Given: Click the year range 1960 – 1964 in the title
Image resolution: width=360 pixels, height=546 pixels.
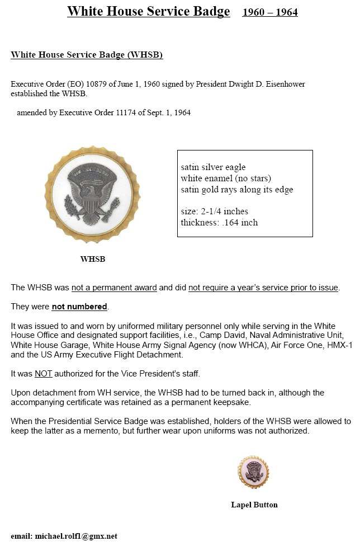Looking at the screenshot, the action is click(x=269, y=12).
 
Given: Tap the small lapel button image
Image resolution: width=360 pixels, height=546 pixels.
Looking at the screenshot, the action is click(x=253, y=472).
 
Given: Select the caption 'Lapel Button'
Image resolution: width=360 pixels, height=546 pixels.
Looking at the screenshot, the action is click(x=254, y=505).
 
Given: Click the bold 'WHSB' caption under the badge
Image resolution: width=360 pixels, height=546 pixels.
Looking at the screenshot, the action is click(x=92, y=259).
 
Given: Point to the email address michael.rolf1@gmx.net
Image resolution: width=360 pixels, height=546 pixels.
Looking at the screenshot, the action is click(x=76, y=536).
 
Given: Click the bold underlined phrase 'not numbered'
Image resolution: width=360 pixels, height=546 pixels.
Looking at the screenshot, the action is click(x=79, y=307).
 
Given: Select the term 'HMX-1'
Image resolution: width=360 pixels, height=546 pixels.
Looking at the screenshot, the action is click(x=341, y=345).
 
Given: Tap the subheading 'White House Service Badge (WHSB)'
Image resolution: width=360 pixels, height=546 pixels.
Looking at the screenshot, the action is click(x=87, y=55).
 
